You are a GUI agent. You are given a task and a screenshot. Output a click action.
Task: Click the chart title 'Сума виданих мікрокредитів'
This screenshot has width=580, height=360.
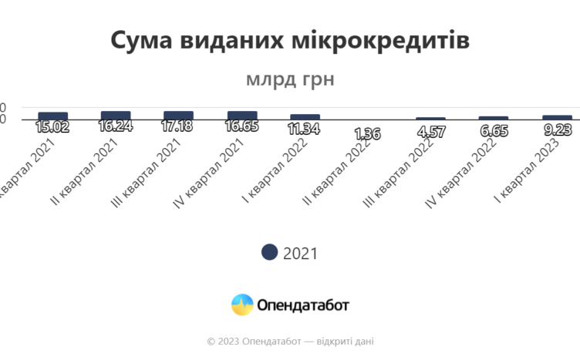[289, 40]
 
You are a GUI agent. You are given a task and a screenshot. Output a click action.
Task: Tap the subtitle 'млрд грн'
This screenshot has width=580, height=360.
[289, 79]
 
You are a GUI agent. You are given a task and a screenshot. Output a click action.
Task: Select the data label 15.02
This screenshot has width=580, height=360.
[52, 127]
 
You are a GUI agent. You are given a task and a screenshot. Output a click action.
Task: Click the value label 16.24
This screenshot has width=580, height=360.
[116, 126]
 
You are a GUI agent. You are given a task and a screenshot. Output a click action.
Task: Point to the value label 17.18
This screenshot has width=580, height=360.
[178, 126]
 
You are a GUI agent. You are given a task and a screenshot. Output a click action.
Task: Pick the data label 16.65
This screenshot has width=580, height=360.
[241, 126]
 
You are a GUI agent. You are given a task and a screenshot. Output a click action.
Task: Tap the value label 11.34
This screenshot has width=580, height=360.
[305, 128]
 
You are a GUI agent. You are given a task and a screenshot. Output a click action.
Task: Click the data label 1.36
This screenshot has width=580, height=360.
[367, 133]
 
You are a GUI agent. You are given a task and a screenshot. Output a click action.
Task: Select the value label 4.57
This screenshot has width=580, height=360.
[430, 132]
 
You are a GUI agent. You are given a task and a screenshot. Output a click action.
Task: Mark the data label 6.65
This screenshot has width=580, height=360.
[494, 131]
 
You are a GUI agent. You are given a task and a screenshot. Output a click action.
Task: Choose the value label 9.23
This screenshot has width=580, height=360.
[557, 130]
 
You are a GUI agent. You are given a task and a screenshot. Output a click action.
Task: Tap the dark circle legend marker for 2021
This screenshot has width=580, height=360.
[269, 252]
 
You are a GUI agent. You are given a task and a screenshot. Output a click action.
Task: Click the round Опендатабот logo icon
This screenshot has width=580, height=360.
[242, 304]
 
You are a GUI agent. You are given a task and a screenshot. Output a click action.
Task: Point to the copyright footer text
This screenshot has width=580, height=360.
[290, 341]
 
